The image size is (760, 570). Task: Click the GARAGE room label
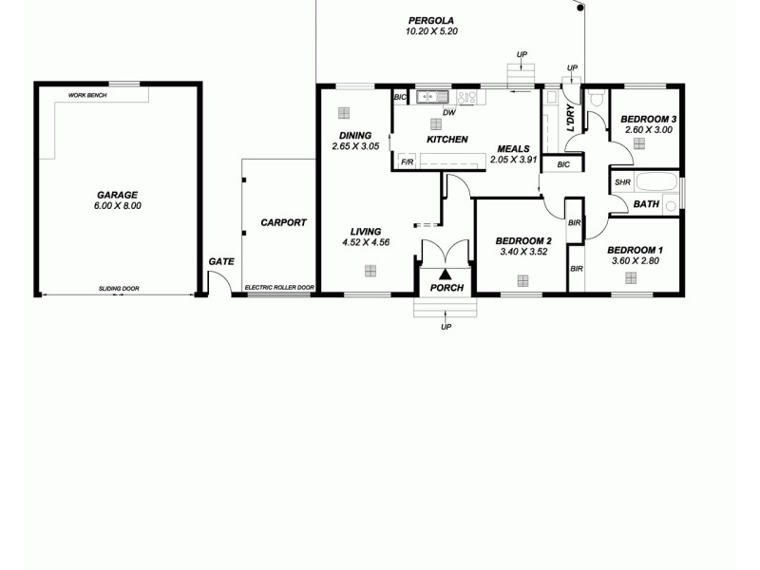tap(117, 195)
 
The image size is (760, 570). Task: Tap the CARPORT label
tap(283, 222)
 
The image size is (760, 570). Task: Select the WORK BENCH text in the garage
tap(87, 95)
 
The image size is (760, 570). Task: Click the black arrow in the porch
tap(445, 275)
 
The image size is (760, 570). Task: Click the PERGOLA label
tap(430, 20)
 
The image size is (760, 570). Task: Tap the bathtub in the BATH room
tap(656, 182)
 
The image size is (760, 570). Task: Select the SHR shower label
tap(622, 182)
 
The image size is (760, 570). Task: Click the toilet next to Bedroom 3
tap(597, 98)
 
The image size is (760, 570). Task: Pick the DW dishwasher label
tap(449, 113)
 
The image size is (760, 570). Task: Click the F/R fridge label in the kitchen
tap(407, 162)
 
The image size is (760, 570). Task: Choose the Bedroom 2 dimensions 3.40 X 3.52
tap(522, 253)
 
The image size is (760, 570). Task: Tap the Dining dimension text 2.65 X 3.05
tap(355, 146)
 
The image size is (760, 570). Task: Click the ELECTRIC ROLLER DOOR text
tap(279, 287)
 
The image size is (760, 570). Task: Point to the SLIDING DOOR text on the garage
tap(119, 287)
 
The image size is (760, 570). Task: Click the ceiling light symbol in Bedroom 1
tap(630, 277)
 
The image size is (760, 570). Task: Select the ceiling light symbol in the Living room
tap(369, 270)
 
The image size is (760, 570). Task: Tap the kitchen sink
tap(434, 96)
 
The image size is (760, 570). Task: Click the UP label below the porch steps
tap(446, 328)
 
